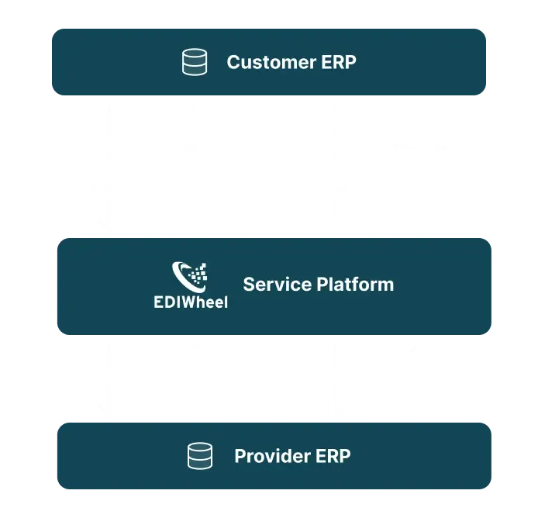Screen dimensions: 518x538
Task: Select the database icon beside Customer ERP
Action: point(195,63)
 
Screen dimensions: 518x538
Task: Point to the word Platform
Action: point(354,285)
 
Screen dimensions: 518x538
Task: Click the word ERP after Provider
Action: point(333,456)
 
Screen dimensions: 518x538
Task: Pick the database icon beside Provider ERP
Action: point(200,456)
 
